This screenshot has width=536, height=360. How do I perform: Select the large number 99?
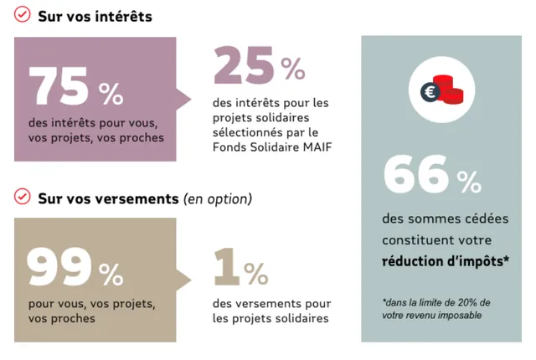pos(59,267)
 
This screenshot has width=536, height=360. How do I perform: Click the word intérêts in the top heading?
pos(122,16)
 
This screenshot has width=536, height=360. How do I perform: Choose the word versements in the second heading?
pos(139,199)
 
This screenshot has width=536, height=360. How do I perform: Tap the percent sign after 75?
pos(111,93)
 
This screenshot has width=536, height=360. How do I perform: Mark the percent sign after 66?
pos(469,180)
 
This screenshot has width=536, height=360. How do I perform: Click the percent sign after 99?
pos(111,274)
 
